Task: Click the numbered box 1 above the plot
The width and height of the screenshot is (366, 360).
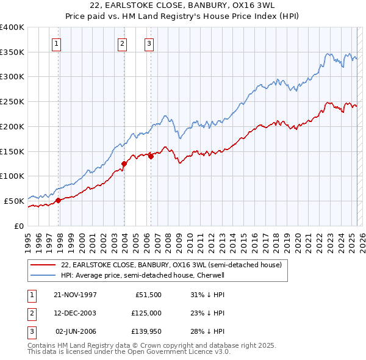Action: pyautogui.click(x=56, y=43)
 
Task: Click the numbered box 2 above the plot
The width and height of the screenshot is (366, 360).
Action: pyautogui.click(x=122, y=43)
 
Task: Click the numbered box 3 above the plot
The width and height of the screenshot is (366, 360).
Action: pyautogui.click(x=149, y=43)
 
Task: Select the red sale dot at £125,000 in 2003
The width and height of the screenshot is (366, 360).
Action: pyautogui.click(x=124, y=164)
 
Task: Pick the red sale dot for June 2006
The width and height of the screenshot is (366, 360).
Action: pyautogui.click(x=151, y=156)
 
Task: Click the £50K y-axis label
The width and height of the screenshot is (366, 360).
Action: pyautogui.click(x=13, y=200)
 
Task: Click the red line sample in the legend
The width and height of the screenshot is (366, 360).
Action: pyautogui.click(x=43, y=265)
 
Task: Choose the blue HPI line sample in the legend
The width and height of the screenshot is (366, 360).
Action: pyautogui.click(x=43, y=275)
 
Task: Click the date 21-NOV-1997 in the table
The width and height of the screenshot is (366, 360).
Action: pyautogui.click(x=75, y=295)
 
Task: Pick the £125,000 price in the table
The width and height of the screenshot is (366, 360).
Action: pyautogui.click(x=146, y=313)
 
